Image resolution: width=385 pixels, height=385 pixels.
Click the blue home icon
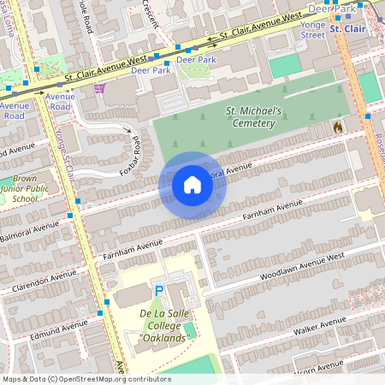[x=192, y=185]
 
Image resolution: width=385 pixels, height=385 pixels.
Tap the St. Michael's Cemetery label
[x=250, y=117]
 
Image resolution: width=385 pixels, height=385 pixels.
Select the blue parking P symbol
[x=157, y=293]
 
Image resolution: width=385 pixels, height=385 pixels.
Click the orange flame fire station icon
[x=337, y=127]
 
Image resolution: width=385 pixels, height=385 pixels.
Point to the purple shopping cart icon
[x=100, y=87]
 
